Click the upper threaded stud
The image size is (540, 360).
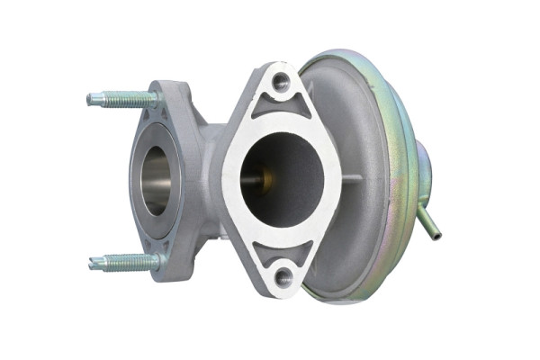121,98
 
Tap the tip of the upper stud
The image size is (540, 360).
91,99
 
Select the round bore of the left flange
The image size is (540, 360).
155,180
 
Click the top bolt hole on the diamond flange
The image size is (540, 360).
282,84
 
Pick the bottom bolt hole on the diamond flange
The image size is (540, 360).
283,277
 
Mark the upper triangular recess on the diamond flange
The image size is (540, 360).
282,110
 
